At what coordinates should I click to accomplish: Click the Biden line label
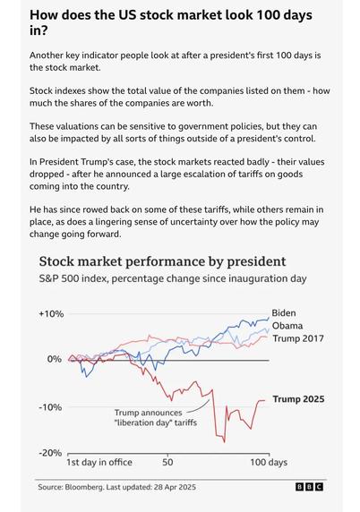[x=284, y=312]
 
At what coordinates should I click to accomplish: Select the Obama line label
[x=287, y=326]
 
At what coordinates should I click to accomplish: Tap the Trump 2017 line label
[x=298, y=338]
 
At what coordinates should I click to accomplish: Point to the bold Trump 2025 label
[x=298, y=399]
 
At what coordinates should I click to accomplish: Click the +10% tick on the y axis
[x=51, y=314]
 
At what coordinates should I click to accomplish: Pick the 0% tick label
[x=55, y=359]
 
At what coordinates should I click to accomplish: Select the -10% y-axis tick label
[x=50, y=407]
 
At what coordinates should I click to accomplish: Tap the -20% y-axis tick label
[x=50, y=453]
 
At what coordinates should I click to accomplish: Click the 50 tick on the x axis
[x=167, y=463]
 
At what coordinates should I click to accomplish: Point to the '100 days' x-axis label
[x=269, y=463]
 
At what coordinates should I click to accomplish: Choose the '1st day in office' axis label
[x=99, y=463]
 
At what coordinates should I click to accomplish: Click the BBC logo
[x=309, y=487]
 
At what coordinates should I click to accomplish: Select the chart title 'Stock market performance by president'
[x=162, y=261]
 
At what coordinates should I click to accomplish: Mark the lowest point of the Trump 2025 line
[x=225, y=442]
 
